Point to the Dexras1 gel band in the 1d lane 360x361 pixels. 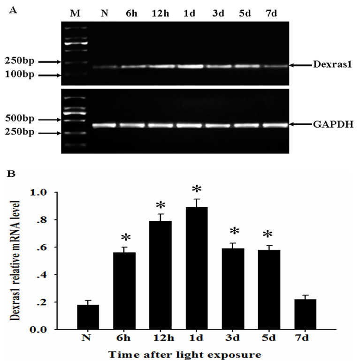point(190,67)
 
